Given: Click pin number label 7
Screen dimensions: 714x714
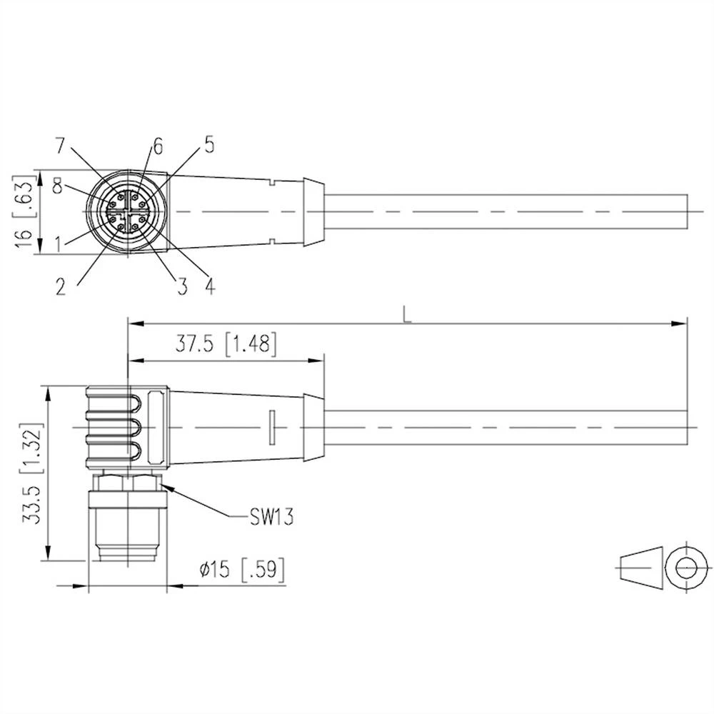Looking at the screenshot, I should [62, 145].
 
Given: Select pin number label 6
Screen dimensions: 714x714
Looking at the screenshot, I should [157, 146].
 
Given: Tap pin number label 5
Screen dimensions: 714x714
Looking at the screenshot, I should [208, 145].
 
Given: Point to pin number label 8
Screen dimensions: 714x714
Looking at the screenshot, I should [58, 187].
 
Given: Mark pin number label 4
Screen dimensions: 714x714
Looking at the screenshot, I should [209, 286].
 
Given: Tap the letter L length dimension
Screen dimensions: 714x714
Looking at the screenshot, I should [407, 313].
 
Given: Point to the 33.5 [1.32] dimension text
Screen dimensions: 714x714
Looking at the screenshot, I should [31, 475].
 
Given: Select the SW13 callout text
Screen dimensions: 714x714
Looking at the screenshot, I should [272, 516].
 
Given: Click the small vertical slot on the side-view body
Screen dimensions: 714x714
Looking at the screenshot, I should [271, 426].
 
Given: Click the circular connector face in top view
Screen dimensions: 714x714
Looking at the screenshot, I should [127, 212].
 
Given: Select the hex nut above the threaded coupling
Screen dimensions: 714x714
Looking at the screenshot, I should [127, 482].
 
